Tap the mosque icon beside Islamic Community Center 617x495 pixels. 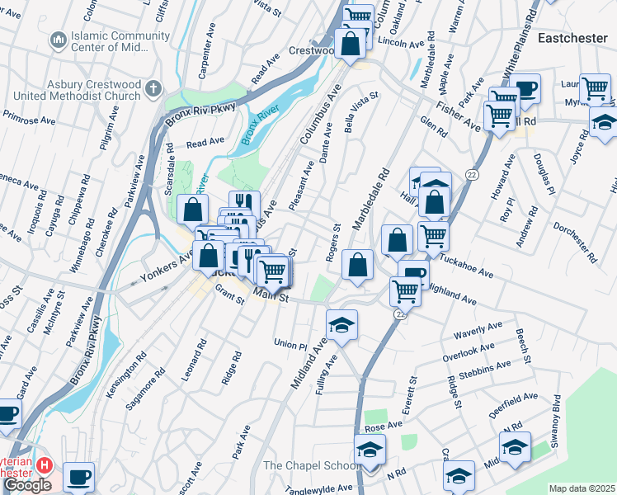tap(58, 40)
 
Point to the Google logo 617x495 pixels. tap(26, 485)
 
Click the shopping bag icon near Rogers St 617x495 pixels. tap(356, 266)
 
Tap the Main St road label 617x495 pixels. tap(271, 295)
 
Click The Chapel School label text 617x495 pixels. tap(309, 466)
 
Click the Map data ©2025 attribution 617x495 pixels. tap(582, 488)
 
